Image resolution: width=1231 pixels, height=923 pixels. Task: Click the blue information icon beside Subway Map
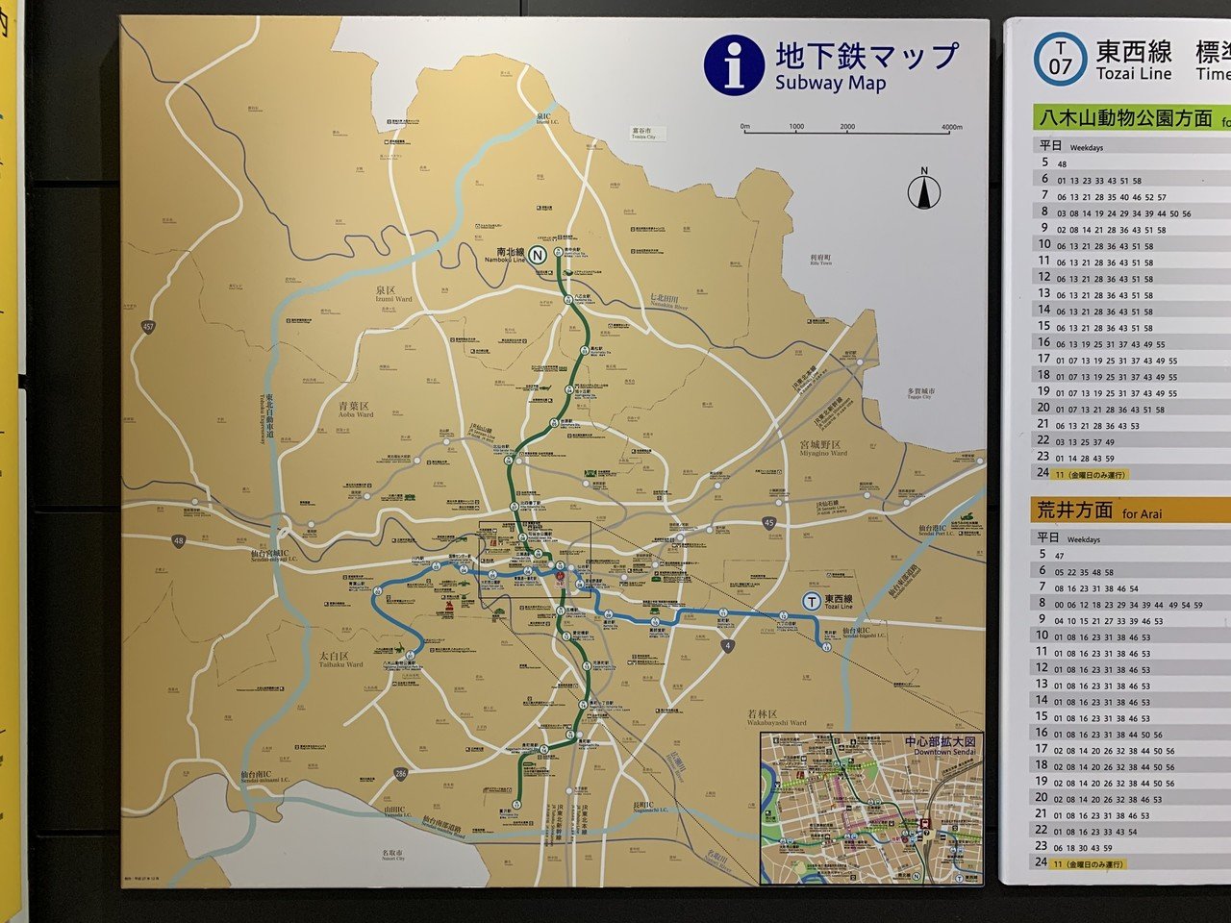click(734, 64)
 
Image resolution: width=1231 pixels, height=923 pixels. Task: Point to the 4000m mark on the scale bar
click(951, 127)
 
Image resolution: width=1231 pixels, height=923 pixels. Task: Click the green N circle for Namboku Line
click(539, 256)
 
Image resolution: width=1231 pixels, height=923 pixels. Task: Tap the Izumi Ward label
click(393, 293)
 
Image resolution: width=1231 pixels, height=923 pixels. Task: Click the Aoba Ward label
click(356, 411)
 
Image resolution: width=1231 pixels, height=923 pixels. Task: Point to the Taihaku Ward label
click(340, 660)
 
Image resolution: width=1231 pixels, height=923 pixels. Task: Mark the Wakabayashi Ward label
click(776, 717)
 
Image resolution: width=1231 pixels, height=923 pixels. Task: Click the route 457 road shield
click(147, 328)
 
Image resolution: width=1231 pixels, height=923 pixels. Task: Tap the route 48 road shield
click(179, 542)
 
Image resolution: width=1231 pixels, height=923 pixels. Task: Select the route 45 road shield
click(767, 522)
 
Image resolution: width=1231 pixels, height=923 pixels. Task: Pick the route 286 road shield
click(400, 774)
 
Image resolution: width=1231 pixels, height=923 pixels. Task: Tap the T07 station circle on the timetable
click(1059, 59)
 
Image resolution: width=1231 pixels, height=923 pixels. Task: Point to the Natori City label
click(391, 854)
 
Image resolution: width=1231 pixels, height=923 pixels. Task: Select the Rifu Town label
click(819, 260)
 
